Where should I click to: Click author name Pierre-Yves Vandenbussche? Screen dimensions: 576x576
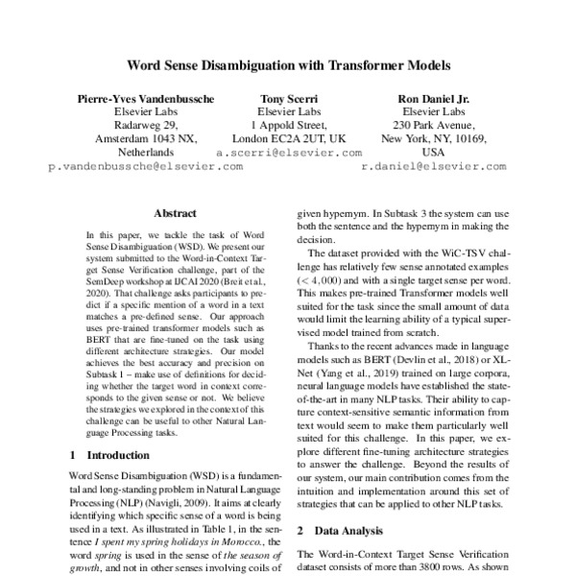146,99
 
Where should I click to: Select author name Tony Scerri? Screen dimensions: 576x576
290,99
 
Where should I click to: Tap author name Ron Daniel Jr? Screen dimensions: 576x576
434,99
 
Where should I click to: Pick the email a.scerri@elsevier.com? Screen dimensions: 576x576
290,153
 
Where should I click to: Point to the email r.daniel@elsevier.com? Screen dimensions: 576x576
434,166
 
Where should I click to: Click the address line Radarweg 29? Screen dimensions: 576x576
146,126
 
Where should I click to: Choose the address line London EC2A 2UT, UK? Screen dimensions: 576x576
290,139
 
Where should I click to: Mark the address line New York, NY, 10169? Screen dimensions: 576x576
434,139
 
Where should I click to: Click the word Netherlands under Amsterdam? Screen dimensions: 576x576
146,153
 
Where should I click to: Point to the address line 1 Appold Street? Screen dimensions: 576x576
290,126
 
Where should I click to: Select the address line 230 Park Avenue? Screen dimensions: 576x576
434,126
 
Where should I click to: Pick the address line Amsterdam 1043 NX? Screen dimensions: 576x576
146,139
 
